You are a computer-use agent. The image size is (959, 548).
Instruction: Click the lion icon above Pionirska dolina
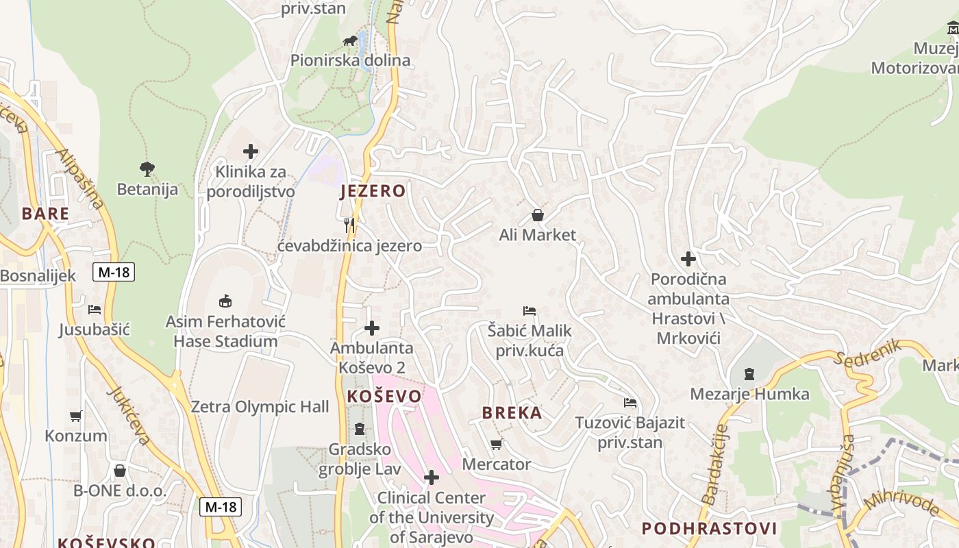point(350,40)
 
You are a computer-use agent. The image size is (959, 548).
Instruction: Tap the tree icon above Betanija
point(147,169)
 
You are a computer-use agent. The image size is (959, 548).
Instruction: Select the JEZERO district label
point(373,191)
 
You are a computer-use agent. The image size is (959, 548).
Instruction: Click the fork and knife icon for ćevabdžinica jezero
point(350,225)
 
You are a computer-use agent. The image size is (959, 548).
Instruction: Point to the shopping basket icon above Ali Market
point(538,215)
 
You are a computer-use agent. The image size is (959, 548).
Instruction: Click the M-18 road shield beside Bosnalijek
point(114,272)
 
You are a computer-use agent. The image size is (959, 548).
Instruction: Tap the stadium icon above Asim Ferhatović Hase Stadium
point(225,301)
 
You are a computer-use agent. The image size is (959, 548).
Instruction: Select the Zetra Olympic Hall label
point(260,407)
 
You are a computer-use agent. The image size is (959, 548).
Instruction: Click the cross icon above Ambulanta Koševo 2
point(372,328)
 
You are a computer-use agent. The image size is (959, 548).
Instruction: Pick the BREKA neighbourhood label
point(512,413)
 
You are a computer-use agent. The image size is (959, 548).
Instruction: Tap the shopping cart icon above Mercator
point(497,444)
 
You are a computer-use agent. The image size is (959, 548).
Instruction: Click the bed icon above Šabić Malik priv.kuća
point(529,311)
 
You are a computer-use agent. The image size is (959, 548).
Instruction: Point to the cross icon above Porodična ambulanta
point(688,259)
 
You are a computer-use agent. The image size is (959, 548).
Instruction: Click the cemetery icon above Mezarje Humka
point(749,374)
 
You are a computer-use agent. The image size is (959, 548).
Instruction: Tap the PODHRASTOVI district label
point(709,529)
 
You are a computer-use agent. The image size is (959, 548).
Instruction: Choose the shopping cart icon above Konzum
point(76,416)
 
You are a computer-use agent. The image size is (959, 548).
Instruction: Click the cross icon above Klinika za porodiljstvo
point(251,151)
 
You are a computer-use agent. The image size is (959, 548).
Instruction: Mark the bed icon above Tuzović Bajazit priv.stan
point(630,402)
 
